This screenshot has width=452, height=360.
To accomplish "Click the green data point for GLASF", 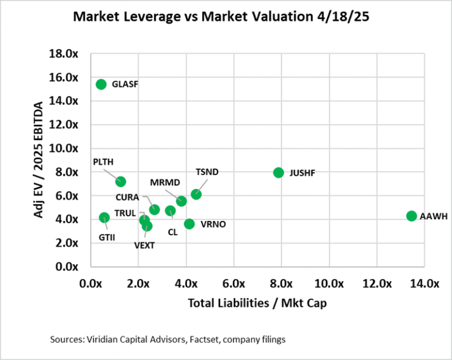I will (101, 84).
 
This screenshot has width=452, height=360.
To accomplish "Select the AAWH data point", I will (411, 216).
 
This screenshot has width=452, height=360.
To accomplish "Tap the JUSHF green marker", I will (279, 172).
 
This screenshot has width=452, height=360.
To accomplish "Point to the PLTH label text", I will (104, 162).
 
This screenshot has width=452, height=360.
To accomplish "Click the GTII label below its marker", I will (107, 237).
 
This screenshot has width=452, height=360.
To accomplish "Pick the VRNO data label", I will (213, 224).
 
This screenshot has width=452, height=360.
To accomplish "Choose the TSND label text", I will (207, 171).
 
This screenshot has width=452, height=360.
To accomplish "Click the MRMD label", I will (165, 183).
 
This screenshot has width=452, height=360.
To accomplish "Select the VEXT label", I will (145, 245).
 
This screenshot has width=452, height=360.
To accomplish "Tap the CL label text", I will (172, 232).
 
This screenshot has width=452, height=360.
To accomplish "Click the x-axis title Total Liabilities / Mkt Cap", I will (258, 303).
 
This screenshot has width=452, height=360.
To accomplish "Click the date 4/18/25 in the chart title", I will (353, 19).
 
